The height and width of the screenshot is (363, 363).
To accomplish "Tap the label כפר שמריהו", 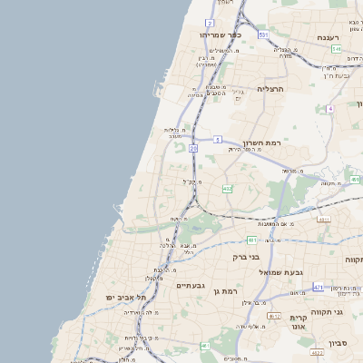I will point(223,34).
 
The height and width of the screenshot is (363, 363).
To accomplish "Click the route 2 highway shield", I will point(210,23).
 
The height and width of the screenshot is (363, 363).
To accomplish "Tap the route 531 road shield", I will point(263,34).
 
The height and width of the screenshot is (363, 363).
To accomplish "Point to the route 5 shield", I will point(218,139).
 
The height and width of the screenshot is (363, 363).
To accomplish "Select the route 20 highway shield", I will point(193,147).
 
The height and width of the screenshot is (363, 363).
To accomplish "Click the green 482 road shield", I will point(227,189).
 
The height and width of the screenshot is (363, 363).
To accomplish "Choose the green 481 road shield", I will point(251,240).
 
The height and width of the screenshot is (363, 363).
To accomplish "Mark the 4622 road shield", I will point(317,351).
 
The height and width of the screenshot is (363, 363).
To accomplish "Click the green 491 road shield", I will point(355,180).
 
